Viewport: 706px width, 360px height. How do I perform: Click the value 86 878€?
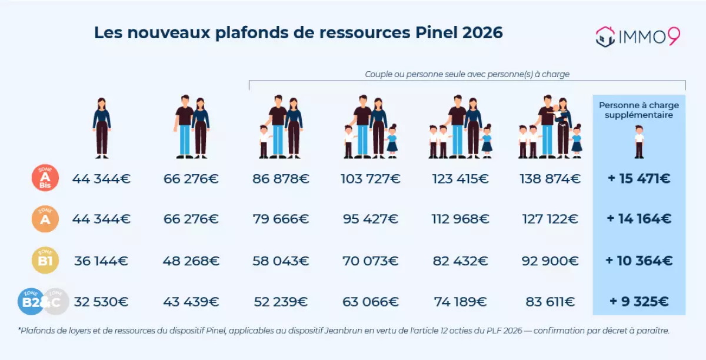click(281, 178)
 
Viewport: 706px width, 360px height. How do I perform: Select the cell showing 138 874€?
click(550, 178)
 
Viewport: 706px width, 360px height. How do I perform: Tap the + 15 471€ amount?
click(639, 178)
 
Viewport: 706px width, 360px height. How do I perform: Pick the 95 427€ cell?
click(371, 219)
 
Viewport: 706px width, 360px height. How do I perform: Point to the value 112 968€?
click(461, 219)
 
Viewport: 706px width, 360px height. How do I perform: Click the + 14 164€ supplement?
click(639, 219)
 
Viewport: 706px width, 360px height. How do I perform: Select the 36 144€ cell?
click(101, 261)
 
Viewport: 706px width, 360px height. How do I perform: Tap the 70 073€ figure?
click(371, 261)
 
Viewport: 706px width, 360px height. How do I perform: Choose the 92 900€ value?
click(550, 261)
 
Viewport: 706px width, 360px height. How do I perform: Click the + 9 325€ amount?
click(639, 302)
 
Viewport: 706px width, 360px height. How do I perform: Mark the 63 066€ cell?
click(371, 302)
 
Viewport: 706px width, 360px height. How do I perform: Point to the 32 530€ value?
click(101, 302)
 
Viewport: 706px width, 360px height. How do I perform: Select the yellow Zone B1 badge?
click(45, 261)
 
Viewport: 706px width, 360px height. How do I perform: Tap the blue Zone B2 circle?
click(31, 302)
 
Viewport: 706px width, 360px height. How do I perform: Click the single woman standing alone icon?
click(102, 128)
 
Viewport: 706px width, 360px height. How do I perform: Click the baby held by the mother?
click(556, 112)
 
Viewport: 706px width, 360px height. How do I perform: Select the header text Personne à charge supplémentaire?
click(639, 110)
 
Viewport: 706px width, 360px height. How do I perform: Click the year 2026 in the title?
click(482, 33)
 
